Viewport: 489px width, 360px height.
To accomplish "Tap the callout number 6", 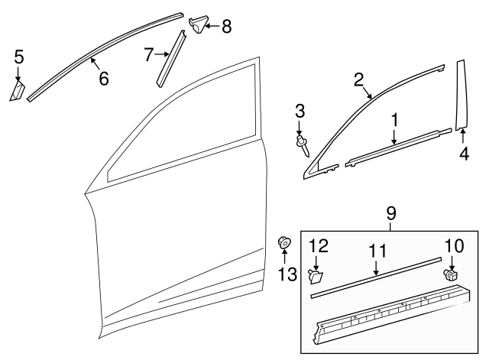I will pyautogui.click(x=103, y=77).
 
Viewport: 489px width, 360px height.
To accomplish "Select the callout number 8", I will pyautogui.click(x=226, y=28).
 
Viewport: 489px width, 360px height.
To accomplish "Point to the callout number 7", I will pyautogui.click(x=150, y=54).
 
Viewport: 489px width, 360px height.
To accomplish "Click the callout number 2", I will pyautogui.click(x=358, y=79).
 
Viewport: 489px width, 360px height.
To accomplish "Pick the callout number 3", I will pyautogui.click(x=300, y=111).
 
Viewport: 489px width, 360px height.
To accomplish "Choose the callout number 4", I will pyautogui.click(x=464, y=152).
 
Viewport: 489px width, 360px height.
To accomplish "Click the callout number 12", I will pyautogui.click(x=320, y=246).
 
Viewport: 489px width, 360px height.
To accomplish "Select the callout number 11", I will pyautogui.click(x=377, y=250).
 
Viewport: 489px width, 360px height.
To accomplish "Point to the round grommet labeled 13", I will pyautogui.click(x=284, y=245).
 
